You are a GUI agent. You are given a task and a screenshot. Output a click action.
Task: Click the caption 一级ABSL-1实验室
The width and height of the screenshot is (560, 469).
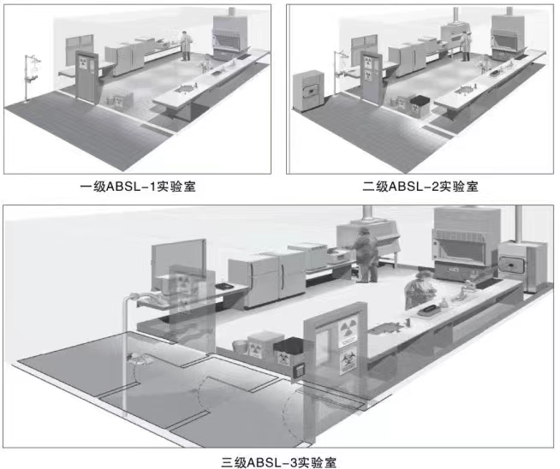click(x=138, y=186)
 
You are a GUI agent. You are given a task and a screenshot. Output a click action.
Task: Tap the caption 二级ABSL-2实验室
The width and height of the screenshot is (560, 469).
click(x=420, y=186)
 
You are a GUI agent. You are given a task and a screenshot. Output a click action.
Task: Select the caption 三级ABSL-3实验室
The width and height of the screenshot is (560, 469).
click(x=278, y=462)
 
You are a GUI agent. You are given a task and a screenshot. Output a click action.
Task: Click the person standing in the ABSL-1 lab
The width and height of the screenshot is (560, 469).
click(x=185, y=46)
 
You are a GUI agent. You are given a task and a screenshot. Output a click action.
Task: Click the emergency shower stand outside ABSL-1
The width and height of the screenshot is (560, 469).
click(x=32, y=78)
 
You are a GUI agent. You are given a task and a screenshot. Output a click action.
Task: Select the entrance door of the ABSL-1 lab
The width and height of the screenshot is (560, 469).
click(x=86, y=77)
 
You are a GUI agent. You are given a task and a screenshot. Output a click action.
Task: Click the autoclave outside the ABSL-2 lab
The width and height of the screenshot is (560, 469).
click(x=309, y=92)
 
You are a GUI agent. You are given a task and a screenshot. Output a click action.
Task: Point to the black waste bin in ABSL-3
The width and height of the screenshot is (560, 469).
click(x=288, y=353)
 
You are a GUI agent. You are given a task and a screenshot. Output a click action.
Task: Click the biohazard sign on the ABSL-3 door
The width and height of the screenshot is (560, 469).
click(x=348, y=360)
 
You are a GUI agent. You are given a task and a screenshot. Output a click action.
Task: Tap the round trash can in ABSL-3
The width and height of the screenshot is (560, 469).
click(x=241, y=347)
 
